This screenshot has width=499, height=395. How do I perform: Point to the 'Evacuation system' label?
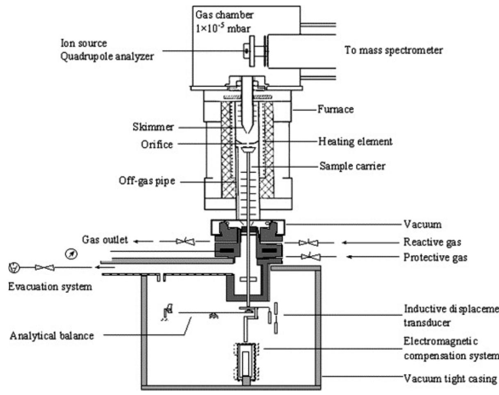[50, 287]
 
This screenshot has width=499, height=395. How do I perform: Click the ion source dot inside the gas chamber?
[246, 50]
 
